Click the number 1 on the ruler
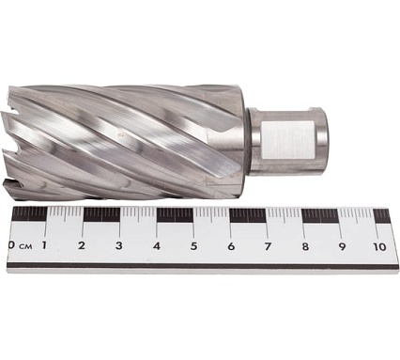coord(44,245)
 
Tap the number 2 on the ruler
coord(82,245)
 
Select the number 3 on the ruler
coord(118,245)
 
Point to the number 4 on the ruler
coord(157,246)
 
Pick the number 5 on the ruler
coord(194,246)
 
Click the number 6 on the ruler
coord(231,246)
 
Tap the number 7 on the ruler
coord(268,246)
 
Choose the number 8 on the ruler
coord(305,246)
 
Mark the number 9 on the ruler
coord(342,246)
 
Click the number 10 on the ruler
coord(379,247)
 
